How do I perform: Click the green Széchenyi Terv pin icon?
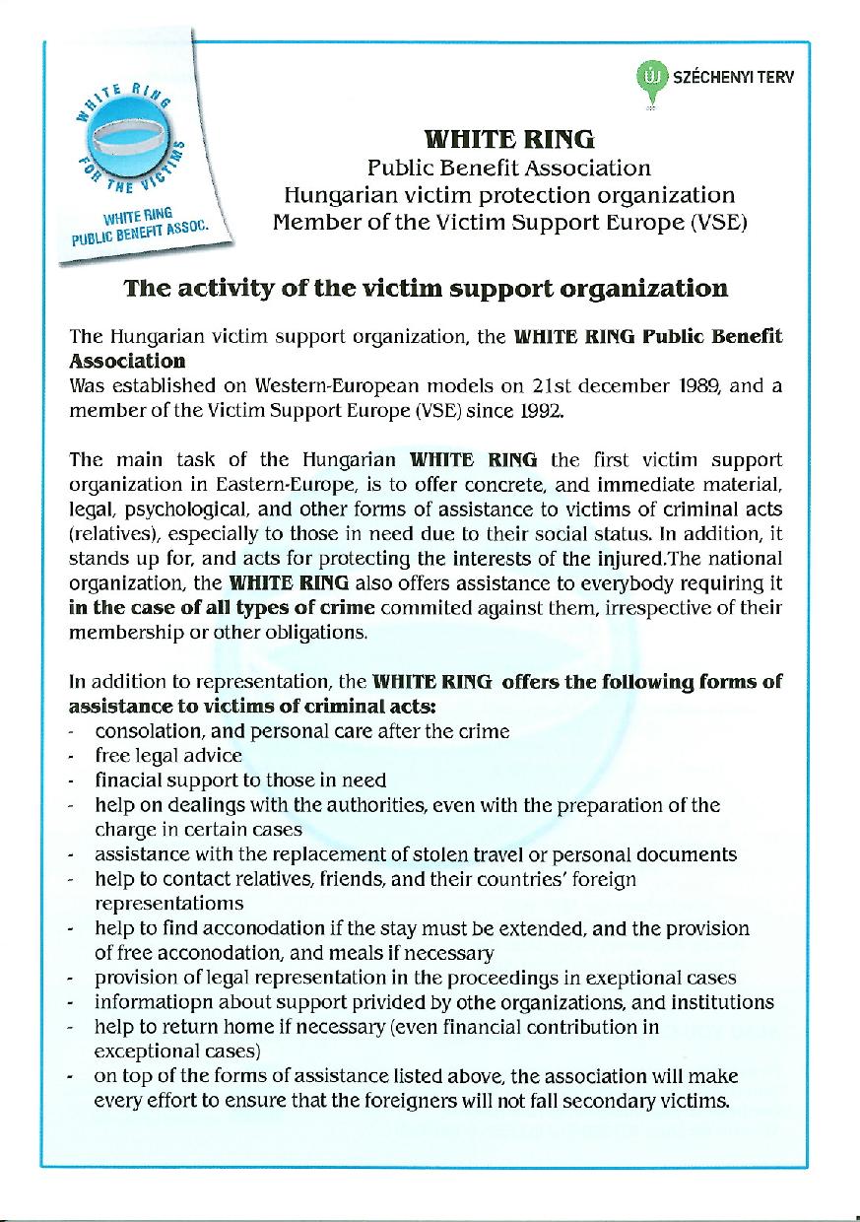tap(649, 78)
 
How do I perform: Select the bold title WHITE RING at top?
tap(508, 139)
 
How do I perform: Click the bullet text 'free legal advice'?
tap(168, 756)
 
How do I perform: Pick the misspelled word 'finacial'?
tap(127, 780)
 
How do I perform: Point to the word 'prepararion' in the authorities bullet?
tap(595, 805)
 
